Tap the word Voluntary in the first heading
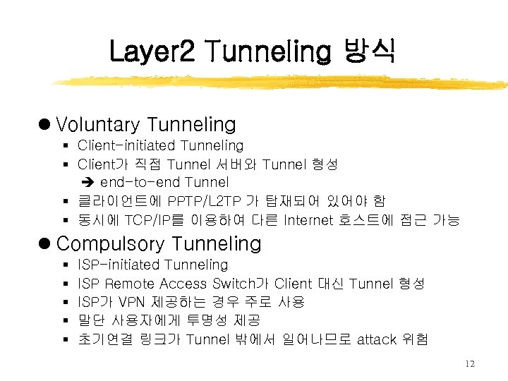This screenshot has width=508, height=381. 98,125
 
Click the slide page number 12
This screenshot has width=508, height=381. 471,363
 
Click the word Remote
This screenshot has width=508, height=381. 130,284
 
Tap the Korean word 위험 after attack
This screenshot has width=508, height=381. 415,339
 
